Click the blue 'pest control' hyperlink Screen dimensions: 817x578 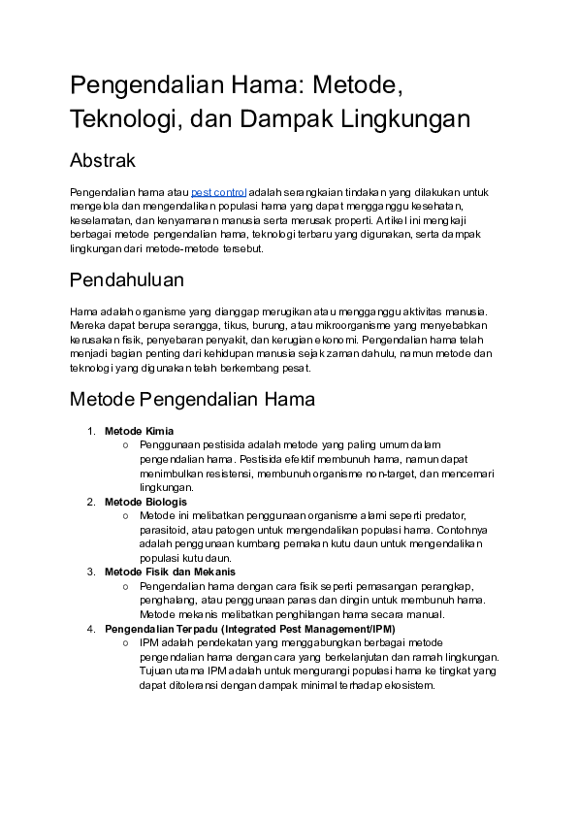click(x=218, y=192)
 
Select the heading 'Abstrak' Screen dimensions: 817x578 click(x=102, y=160)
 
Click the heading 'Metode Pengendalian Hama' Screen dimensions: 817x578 click(x=191, y=399)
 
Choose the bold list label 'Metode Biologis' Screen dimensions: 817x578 click(x=145, y=502)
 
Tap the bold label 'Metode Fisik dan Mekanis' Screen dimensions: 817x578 click(x=170, y=572)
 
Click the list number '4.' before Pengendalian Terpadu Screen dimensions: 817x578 click(x=89, y=628)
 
